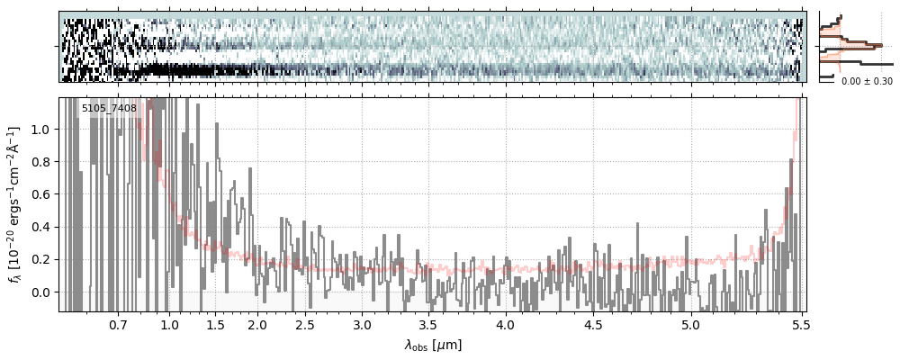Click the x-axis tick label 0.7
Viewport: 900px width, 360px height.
point(118,323)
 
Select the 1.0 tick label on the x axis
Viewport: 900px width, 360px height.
point(169,323)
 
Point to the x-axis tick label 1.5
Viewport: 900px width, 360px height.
point(215,323)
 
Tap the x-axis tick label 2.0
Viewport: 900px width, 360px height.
point(257,323)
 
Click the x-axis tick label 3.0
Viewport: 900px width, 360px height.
point(362,323)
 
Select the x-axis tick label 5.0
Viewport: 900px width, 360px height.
point(690,323)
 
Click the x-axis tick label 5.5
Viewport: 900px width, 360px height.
point(797,323)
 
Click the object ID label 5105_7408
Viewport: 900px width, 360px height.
point(109,109)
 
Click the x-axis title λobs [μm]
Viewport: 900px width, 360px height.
point(433,344)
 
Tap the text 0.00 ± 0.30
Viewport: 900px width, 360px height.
point(867,81)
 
